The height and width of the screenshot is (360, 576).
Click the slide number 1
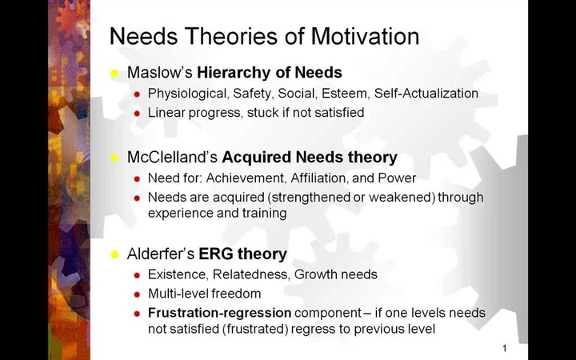point(505,348)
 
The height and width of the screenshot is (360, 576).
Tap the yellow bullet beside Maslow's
point(114,73)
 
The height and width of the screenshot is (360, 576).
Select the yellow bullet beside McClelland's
point(114,158)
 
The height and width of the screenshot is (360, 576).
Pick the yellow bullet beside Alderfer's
point(114,254)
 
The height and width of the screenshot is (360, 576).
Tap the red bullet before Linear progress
point(138,113)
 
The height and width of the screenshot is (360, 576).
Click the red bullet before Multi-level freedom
point(138,294)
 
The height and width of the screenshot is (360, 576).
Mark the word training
point(262,214)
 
